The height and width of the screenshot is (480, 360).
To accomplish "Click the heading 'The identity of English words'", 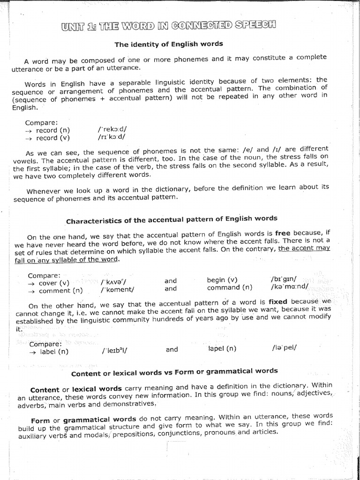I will point(169,44).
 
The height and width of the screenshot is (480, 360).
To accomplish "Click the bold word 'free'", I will point(283,232).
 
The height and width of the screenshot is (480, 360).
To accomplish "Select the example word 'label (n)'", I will point(55,352).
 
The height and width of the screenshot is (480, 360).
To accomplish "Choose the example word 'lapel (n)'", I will point(222,348).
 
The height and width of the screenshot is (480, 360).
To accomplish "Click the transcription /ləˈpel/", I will point(284,348).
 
